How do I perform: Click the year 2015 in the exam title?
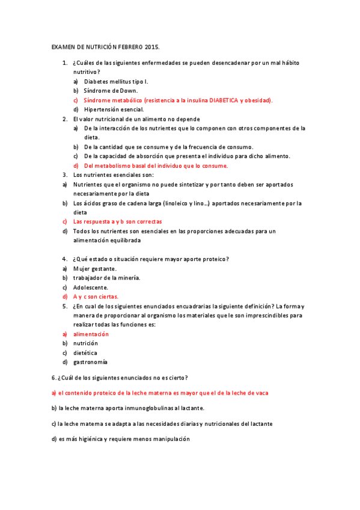153,46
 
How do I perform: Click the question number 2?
64,119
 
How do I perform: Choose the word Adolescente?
91,287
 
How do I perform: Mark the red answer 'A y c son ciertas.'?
96,296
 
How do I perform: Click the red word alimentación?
91,334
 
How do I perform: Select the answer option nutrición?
85,343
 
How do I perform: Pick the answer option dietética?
85,352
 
